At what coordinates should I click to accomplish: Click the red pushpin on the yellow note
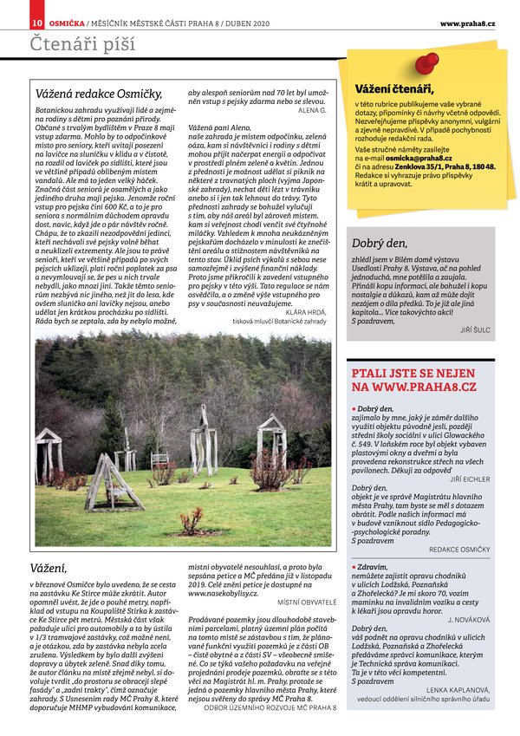pos(426,62)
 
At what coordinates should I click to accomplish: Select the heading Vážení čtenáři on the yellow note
pos(394,89)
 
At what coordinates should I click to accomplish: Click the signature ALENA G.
pos(311,110)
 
